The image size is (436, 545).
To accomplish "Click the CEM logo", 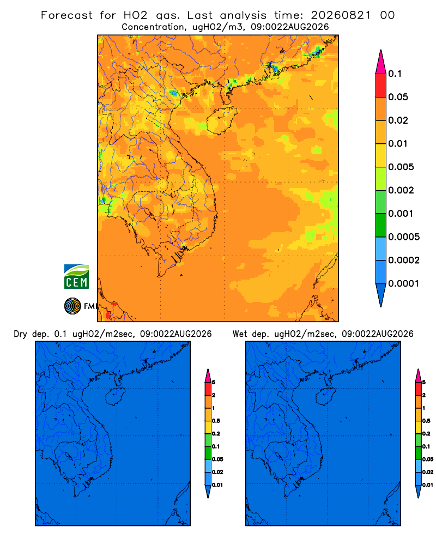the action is [76, 277].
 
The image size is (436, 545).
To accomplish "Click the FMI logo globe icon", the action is [72, 306].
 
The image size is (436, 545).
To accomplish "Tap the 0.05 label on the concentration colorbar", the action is [398, 97].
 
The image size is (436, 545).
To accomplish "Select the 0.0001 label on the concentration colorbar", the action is [404, 283].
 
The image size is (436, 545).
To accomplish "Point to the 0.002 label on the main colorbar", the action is [401, 190].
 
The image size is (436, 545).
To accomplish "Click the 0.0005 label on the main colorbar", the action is [404, 237].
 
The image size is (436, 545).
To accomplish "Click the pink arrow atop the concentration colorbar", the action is [381, 62].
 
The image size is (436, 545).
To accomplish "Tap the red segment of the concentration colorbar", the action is [381, 86].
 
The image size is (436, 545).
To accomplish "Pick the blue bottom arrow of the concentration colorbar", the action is [381, 295].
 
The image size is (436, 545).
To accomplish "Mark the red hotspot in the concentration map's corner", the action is [108, 315].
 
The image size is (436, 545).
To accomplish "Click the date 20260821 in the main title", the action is [341, 15].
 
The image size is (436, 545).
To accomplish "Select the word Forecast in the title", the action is [66, 15].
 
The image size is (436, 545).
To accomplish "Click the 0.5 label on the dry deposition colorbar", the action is [216, 421].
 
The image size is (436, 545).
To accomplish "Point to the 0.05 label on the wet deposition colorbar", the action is [428, 459].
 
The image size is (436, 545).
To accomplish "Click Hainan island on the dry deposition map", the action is [114, 397].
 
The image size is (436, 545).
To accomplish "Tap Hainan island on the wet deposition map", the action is [325, 397].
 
